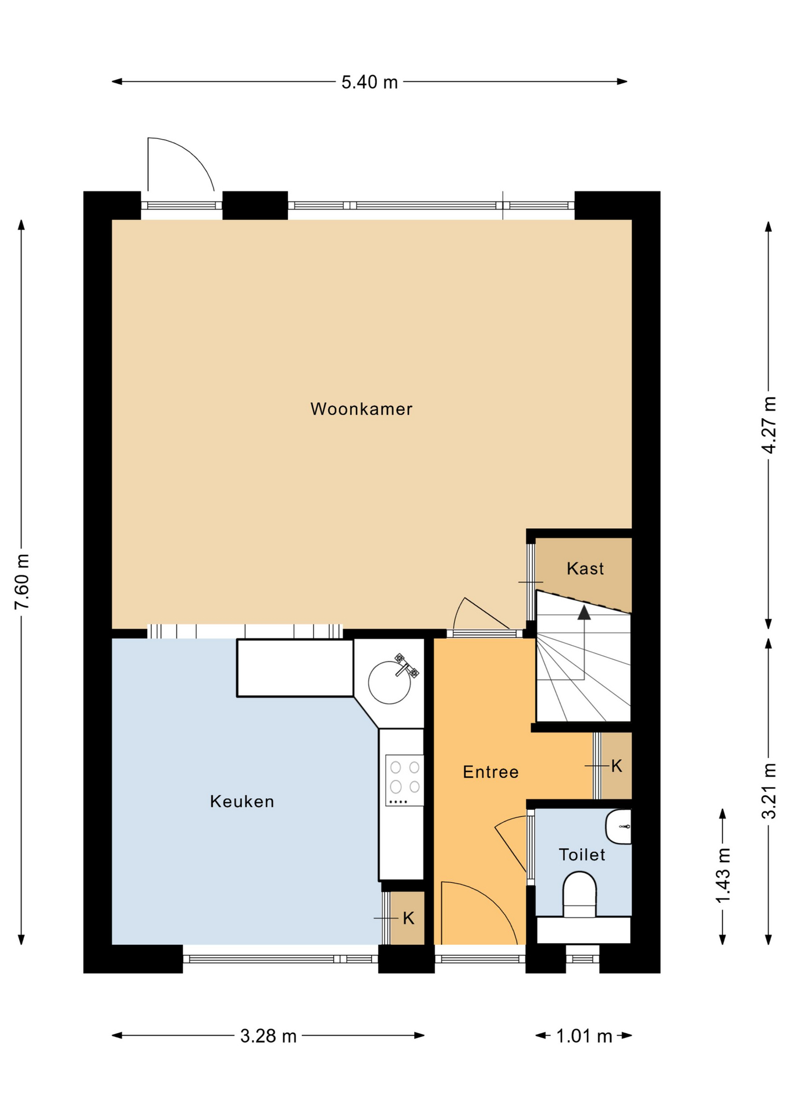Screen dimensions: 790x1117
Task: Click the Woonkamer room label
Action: coord(361,409)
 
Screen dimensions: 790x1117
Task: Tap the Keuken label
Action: coord(242,802)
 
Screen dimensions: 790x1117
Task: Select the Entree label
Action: coord(490,772)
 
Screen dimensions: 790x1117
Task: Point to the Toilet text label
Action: coord(582,855)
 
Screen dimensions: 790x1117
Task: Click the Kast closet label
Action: coord(585,568)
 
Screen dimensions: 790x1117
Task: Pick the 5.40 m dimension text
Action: coord(369,82)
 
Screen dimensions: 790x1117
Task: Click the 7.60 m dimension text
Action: coord(22,582)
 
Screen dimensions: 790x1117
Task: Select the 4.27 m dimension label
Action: coord(769,425)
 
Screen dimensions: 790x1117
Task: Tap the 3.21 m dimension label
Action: coord(769,791)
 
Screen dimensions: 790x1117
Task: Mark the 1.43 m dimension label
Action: coord(723,876)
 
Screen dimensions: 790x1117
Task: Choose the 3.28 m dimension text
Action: coord(268,1036)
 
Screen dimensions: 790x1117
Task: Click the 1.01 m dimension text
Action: coord(584,1036)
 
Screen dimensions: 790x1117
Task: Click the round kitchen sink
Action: coord(389,682)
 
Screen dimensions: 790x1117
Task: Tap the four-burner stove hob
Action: coord(404,780)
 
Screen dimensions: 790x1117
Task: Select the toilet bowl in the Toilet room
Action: coord(579,895)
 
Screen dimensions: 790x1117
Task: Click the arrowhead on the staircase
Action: coord(584,612)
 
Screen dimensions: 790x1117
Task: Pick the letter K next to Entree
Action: coord(617,766)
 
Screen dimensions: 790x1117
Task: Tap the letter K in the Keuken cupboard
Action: coord(408,919)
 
